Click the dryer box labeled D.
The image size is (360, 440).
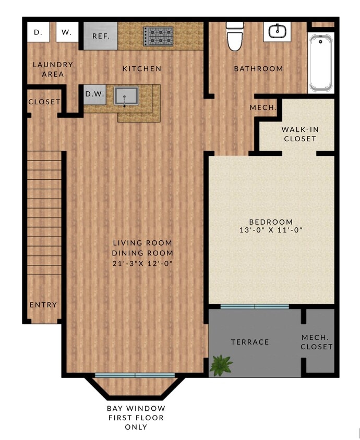[x=38, y=32]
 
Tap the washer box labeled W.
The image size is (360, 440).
[x=66, y=32]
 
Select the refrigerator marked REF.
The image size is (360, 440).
[x=100, y=36]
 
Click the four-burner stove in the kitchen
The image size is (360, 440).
[x=159, y=36]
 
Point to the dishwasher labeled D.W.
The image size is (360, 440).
[x=95, y=94]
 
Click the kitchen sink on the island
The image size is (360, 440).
[x=126, y=95]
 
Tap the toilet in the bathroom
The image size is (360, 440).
[x=235, y=36]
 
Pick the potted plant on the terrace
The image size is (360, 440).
[x=221, y=365]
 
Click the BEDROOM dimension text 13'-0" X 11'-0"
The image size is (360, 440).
[x=271, y=230]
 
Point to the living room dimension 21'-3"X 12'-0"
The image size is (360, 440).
[x=142, y=264]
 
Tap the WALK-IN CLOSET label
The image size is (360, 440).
[x=299, y=134]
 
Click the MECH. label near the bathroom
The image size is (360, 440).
[x=263, y=108]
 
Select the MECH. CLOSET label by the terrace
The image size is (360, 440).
[x=317, y=342]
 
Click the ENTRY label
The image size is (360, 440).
[x=43, y=305]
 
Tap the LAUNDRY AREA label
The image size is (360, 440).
[x=53, y=69]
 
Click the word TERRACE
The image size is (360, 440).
[x=250, y=342]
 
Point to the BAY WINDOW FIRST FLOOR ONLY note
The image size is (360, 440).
[x=136, y=418]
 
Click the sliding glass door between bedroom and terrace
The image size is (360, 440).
[x=254, y=307]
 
